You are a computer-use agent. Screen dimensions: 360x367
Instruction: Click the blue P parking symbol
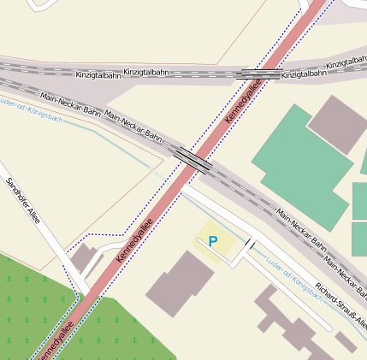click(213, 242)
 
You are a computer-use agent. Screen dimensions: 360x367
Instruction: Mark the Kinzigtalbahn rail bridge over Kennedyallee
click(257, 74)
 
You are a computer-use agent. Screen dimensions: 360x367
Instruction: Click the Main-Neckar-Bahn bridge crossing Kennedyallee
click(193, 159)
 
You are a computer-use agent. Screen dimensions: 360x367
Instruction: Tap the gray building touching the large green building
click(336, 124)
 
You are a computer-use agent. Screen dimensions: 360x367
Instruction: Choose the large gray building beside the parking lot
click(181, 283)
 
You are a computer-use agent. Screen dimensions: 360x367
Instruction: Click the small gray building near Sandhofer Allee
click(84, 257)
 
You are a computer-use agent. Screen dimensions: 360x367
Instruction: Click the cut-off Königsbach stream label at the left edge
click(26, 107)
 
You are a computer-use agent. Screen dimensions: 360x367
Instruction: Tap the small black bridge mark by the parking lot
click(250, 246)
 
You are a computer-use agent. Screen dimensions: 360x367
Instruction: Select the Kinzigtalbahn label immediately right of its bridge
click(305, 74)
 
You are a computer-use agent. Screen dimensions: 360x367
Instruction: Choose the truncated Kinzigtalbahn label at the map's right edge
click(346, 62)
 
